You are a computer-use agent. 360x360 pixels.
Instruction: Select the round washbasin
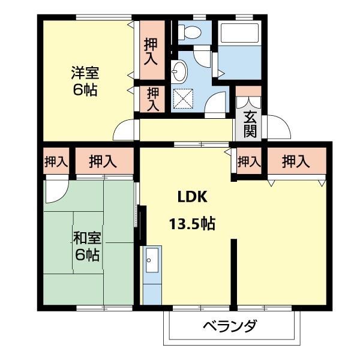coord(179,73)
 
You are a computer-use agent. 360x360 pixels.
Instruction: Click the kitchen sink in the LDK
coord(151,264)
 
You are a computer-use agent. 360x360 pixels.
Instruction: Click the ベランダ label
coord(229,328)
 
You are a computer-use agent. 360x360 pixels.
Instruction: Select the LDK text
coord(192,197)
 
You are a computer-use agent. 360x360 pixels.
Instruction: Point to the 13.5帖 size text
coord(192,224)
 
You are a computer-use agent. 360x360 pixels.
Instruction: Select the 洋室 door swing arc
coord(124,129)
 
